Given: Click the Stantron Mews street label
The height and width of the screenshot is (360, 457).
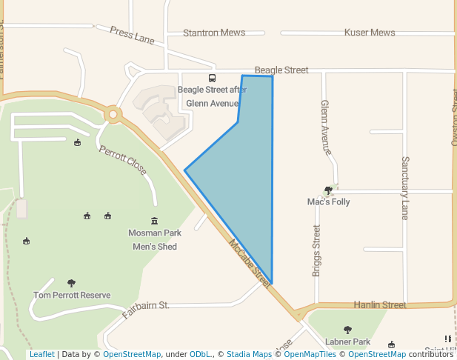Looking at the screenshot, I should pos(213,33).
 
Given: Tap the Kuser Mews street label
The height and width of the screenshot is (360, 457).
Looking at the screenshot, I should pos(370,33).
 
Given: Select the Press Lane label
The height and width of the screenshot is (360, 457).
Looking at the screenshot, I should pos(132,35).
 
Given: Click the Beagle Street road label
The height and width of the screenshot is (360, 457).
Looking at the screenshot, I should pos(281,70).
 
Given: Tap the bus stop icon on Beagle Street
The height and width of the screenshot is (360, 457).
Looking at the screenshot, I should pos(213,78).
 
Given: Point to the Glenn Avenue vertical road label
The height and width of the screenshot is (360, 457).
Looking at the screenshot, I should pos(325,127).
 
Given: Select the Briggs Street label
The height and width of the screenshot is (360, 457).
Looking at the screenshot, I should pos(316,251).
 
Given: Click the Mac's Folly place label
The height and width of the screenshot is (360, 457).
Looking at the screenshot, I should pos(328,201).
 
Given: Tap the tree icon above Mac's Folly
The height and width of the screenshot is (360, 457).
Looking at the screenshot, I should pos(328,190).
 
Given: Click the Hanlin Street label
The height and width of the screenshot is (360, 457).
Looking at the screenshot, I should pos(379,304).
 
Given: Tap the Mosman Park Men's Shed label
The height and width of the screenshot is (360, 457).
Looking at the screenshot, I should pos(154,239).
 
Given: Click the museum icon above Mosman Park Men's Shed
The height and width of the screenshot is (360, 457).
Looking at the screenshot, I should pos(154,221).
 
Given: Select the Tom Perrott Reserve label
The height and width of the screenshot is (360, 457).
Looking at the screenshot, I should pos(72,295).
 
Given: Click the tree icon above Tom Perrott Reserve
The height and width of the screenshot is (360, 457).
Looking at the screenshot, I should pos(71,282).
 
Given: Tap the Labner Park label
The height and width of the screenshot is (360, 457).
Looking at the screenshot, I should pos(347,341).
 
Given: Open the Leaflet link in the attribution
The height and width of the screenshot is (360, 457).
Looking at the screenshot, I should pos(41,354).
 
